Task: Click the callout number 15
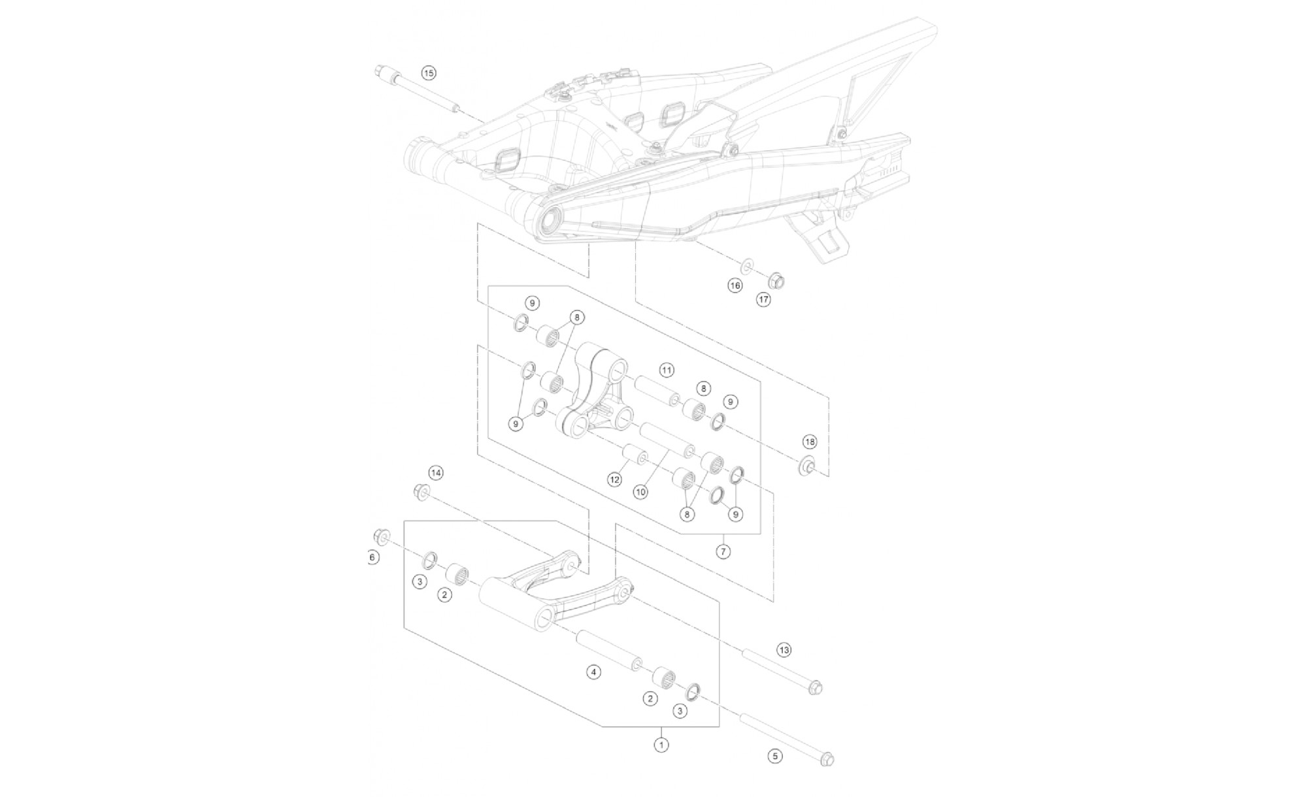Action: (x=428, y=73)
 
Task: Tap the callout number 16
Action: (x=735, y=285)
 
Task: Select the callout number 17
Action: (x=763, y=300)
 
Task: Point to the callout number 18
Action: (x=810, y=442)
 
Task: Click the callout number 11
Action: (x=666, y=370)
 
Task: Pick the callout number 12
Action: (x=614, y=480)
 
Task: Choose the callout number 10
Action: (x=640, y=491)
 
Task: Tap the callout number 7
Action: (x=723, y=552)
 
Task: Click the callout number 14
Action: (x=436, y=473)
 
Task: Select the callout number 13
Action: (x=784, y=650)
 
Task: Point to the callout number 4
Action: (x=593, y=672)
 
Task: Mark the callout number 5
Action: (x=774, y=756)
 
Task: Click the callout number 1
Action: (x=661, y=744)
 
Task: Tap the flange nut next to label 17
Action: (x=776, y=281)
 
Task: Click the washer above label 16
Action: (x=746, y=266)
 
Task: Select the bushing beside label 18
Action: (x=808, y=466)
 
